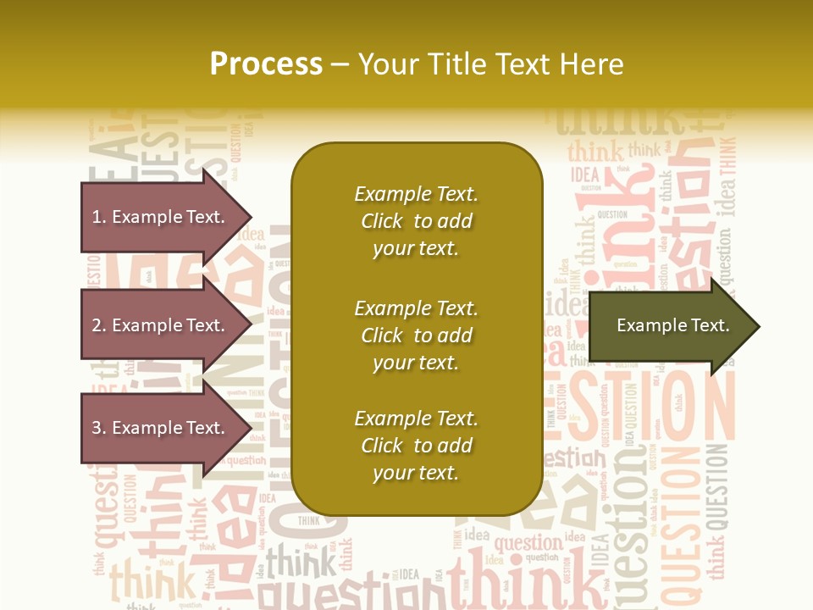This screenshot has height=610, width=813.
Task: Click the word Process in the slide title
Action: click(x=266, y=64)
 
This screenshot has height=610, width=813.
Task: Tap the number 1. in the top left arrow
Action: click(x=99, y=217)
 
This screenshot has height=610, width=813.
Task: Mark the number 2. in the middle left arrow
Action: click(x=99, y=325)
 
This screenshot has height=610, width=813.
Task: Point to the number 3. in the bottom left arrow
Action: click(x=99, y=428)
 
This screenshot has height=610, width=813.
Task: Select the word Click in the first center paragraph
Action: click(x=382, y=221)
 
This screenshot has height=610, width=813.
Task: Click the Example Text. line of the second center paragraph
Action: click(x=416, y=308)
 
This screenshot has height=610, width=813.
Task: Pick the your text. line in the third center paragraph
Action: click(x=416, y=473)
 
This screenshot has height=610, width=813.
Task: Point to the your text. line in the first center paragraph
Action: click(x=416, y=248)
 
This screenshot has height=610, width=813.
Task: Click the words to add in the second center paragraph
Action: click(x=443, y=335)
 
